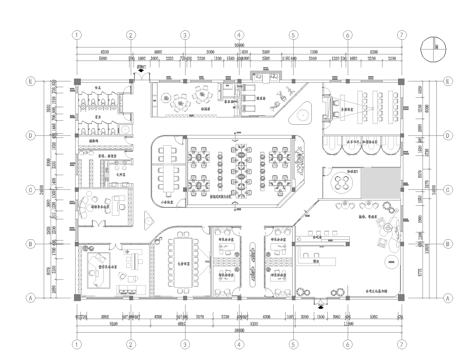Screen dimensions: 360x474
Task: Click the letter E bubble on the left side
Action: tap(30, 81)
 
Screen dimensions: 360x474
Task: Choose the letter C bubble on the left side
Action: tap(30, 188)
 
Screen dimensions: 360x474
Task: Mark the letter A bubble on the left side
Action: tap(30, 297)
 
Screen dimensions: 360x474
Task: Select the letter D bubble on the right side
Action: tap(446, 134)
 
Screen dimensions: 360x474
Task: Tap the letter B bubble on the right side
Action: tap(446, 243)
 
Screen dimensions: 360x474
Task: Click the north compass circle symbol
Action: tap(430, 46)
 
